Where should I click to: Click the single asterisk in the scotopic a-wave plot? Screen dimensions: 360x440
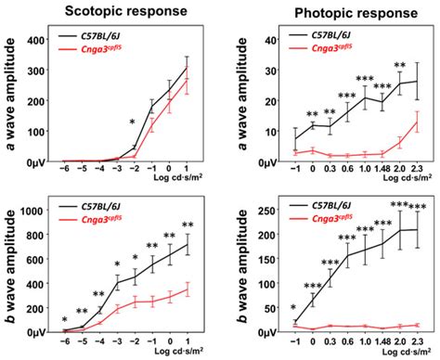(133, 122)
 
